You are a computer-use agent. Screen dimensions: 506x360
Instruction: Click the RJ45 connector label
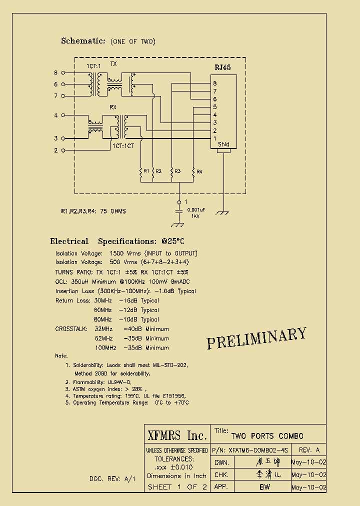pyautogui.click(x=222, y=67)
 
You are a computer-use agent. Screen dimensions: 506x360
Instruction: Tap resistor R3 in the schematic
pyautogui.click(x=171, y=171)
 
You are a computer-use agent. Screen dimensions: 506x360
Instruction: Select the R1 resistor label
pyautogui.click(x=146, y=171)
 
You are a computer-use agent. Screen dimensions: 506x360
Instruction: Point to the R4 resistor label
pyautogui.click(x=199, y=171)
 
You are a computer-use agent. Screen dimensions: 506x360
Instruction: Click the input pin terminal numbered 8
pyautogui.click(x=63, y=73)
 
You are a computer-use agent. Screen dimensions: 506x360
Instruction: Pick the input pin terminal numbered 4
pyautogui.click(x=63, y=115)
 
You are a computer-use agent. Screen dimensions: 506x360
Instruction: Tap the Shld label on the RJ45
pyautogui.click(x=223, y=144)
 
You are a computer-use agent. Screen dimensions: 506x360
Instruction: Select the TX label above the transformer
pyautogui.click(x=113, y=64)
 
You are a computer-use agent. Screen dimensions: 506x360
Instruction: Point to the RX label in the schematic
pyautogui.click(x=113, y=107)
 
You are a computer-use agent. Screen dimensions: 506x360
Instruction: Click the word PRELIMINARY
pyautogui.click(x=256, y=338)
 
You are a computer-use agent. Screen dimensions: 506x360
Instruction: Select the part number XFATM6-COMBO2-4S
pyautogui.click(x=259, y=450)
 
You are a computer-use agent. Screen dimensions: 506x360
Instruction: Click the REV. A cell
pyautogui.click(x=308, y=450)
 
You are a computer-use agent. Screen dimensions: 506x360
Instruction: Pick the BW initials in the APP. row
pyautogui.click(x=264, y=486)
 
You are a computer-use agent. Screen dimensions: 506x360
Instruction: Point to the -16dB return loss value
pyautogui.click(x=128, y=300)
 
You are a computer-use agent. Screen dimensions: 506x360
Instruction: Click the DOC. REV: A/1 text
pyautogui.click(x=112, y=478)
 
